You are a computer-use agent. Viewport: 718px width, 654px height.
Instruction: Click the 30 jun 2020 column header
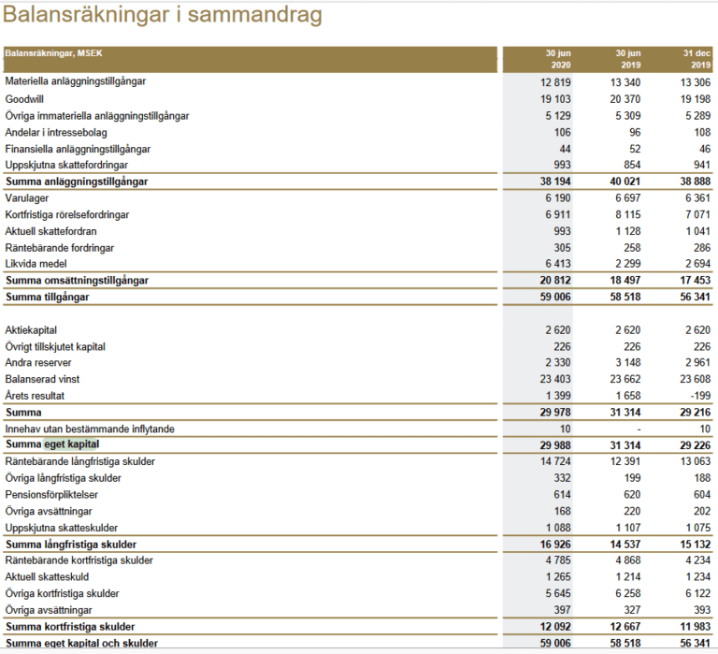pyautogui.click(x=557, y=59)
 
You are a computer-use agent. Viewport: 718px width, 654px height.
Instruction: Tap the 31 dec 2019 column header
pyautogui.click(x=693, y=59)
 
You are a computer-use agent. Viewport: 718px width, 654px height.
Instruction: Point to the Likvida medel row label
pyautogui.click(x=38, y=264)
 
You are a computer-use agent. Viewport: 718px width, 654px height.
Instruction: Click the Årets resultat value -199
pyautogui.click(x=697, y=396)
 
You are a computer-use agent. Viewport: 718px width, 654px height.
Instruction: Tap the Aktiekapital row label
pyautogui.click(x=31, y=330)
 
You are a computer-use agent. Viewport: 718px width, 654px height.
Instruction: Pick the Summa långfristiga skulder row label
pyautogui.click(x=71, y=545)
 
